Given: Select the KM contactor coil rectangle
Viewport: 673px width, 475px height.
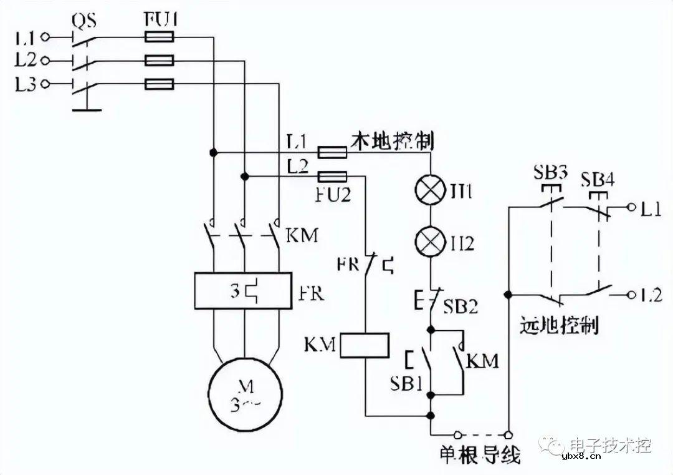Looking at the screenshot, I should pyautogui.click(x=365, y=345).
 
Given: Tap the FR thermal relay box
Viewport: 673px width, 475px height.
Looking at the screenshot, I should pyautogui.click(x=243, y=291).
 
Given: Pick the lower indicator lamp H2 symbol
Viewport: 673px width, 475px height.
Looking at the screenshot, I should pyautogui.click(x=431, y=243).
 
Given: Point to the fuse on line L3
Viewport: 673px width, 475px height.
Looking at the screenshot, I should pyautogui.click(x=159, y=84).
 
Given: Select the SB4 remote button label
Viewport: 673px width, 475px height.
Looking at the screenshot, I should pyautogui.click(x=598, y=179).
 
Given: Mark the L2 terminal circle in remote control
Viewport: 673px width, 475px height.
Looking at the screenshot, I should pyautogui.click(x=631, y=295).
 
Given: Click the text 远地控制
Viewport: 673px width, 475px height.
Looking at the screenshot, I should pyautogui.click(x=559, y=325).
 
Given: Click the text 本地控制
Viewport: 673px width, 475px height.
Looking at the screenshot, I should pyautogui.click(x=393, y=140).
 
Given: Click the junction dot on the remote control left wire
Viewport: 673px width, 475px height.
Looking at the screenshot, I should pyautogui.click(x=509, y=294).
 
